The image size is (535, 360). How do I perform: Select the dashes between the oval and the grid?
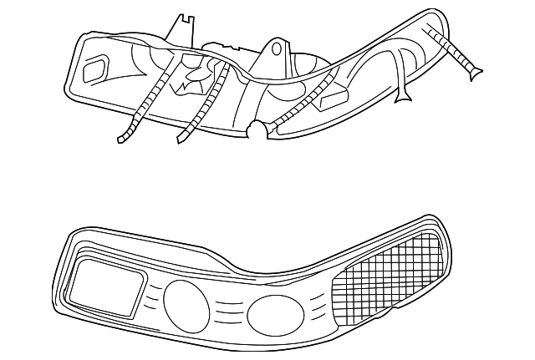click(x=316, y=309)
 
